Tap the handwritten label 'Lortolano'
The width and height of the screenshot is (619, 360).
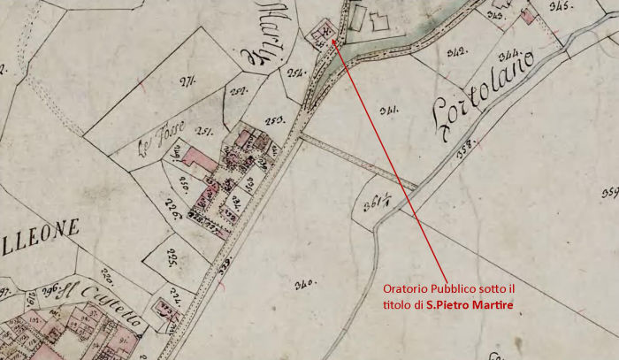coord(485,96)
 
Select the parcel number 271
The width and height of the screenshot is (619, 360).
coord(187,83)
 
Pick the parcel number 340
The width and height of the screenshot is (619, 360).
coord(305,285)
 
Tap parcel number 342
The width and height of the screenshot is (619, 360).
coord(456,52)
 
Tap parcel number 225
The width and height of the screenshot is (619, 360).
coord(172,257)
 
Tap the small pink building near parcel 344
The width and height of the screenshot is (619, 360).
coord(530,15)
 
